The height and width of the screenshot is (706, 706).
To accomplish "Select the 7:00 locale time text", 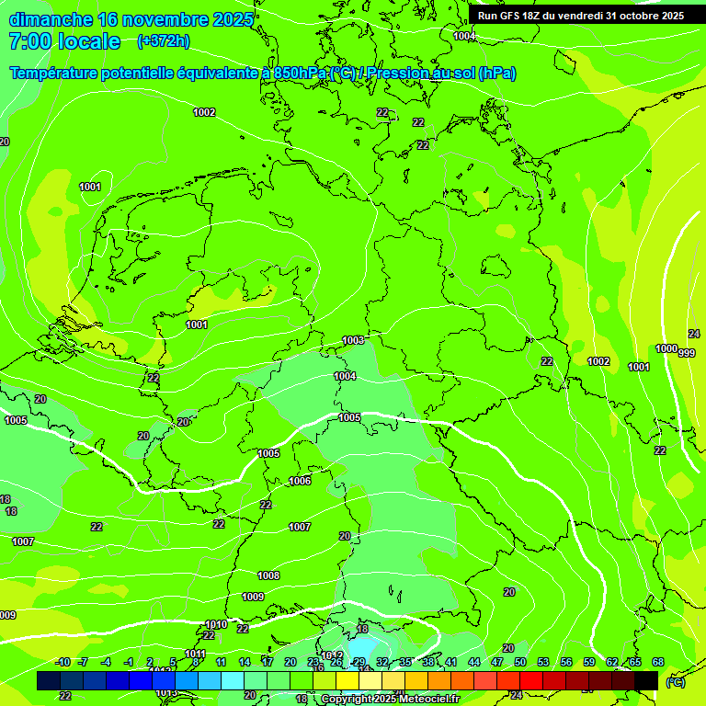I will click(64, 41).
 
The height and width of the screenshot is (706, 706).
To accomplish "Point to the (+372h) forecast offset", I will click(163, 40).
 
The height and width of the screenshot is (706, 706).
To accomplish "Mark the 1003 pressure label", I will click(353, 340).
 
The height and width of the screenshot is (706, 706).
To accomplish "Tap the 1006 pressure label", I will click(300, 481).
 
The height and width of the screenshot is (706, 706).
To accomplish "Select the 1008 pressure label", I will click(268, 575).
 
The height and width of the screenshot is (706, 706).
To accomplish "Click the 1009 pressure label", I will click(253, 597).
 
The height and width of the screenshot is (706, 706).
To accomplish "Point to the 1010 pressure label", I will click(216, 624).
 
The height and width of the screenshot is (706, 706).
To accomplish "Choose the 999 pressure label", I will click(687, 353).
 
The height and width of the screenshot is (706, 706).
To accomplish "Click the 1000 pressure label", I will click(666, 348).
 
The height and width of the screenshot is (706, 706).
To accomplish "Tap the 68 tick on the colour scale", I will click(658, 662).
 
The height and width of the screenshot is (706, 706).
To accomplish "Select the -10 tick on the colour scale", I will click(63, 662).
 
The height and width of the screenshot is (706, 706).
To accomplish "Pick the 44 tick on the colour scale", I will click(474, 662).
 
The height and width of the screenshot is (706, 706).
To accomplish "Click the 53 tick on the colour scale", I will click(543, 662).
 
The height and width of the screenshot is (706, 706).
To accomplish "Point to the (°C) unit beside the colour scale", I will click(675, 681).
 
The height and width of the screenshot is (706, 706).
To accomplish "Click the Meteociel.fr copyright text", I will click(390, 700).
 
